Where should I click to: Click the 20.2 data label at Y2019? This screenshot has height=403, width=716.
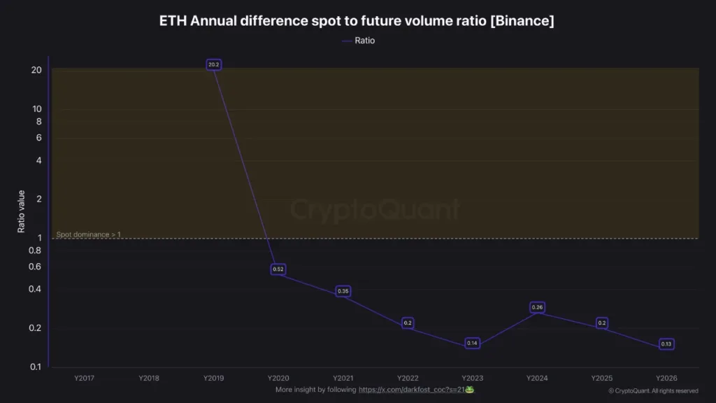(x=214, y=64)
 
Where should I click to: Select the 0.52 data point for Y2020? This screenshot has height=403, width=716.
(x=278, y=269)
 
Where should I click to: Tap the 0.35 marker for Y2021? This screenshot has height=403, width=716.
(x=343, y=291)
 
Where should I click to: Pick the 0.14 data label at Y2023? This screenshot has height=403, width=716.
(x=472, y=344)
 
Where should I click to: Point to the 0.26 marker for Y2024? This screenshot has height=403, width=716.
(x=537, y=307)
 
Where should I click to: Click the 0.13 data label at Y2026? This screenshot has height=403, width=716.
(x=666, y=344)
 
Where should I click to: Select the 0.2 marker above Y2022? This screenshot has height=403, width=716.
(x=408, y=323)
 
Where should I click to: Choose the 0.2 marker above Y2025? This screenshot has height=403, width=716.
(x=601, y=323)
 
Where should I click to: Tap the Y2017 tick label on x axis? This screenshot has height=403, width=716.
(x=84, y=378)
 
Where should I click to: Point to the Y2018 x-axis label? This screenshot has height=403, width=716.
(x=149, y=378)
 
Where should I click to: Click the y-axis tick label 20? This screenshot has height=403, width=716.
(x=36, y=70)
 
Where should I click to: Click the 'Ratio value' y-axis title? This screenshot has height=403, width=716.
(x=22, y=211)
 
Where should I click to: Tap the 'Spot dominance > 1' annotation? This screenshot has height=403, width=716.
(x=88, y=234)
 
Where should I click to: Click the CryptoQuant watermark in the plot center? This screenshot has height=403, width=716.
(x=375, y=210)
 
